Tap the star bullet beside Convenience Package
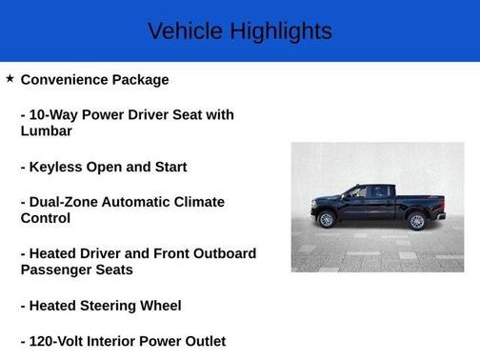[10, 79]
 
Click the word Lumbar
[47, 131]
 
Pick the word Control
[46, 218]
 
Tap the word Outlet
[200, 341]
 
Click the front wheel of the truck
[327, 221]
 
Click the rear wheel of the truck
[416, 222]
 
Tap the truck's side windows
[369, 192]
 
